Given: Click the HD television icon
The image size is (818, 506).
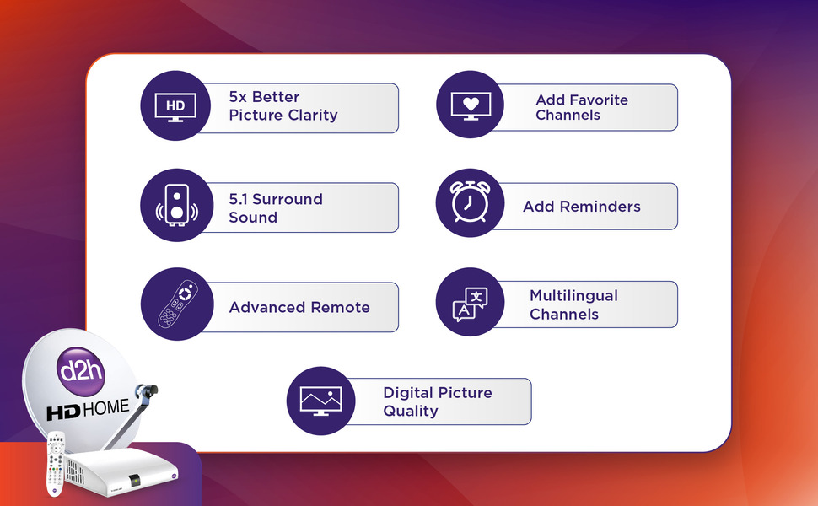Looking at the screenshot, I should [175, 106].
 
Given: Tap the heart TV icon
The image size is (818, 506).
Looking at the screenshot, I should [470, 105].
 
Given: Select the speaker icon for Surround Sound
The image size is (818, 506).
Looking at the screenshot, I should [175, 204].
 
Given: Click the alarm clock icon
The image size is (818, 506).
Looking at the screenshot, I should [470, 203].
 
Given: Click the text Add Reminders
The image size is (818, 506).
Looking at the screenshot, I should [581, 207].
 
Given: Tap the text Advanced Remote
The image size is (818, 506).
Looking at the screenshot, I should [299, 308].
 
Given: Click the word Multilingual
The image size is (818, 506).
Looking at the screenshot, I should [573, 296].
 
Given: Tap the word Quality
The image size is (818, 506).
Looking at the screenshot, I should [411, 411].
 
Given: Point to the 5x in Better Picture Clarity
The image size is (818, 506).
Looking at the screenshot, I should [239, 97].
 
